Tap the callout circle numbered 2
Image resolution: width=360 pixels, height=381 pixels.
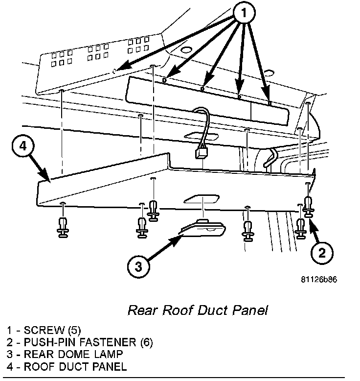tap(321, 253)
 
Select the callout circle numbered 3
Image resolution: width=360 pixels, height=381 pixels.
tap(139, 266)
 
